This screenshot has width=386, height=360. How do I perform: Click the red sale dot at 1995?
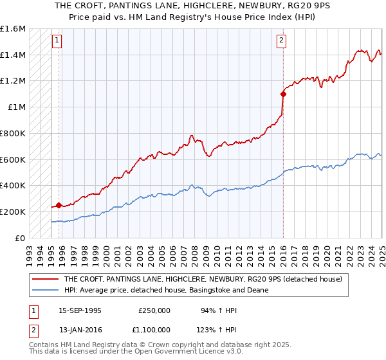pyautogui.click(x=59, y=205)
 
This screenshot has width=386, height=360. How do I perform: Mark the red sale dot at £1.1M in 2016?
pyautogui.click(x=283, y=94)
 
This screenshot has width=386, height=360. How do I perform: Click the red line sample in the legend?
pyautogui.click(x=46, y=279)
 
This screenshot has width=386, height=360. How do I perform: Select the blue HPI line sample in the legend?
pyautogui.click(x=46, y=290)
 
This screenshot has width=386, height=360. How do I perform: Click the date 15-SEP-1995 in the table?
pyautogui.click(x=80, y=310)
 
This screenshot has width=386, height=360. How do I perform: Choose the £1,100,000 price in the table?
pyautogui.click(x=154, y=329)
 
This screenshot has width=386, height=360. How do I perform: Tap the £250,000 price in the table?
pyautogui.click(x=154, y=310)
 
